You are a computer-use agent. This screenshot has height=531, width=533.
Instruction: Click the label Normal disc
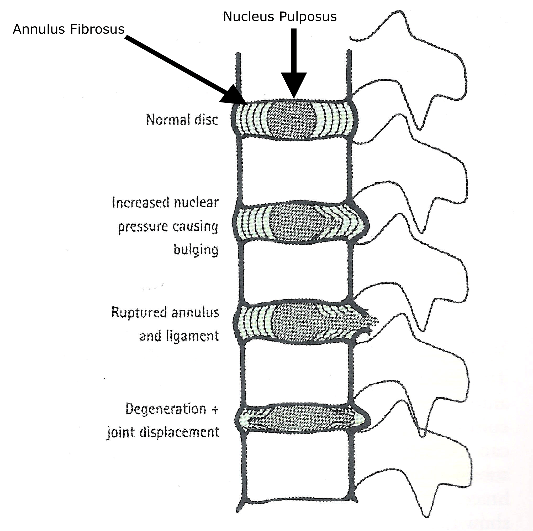point(182,120)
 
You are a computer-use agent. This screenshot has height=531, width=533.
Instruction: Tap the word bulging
point(196,250)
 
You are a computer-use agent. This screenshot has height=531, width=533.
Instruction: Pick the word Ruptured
point(139,312)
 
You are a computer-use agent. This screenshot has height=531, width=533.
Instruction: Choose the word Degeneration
point(166,409)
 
